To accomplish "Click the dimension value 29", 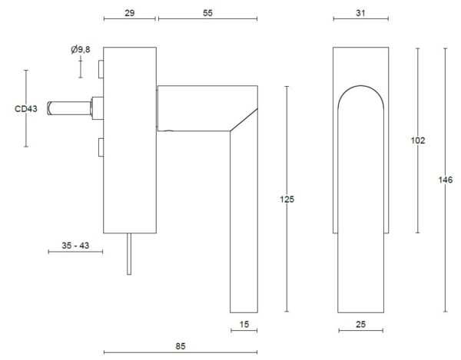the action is (130, 13).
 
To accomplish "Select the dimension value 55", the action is (207, 13).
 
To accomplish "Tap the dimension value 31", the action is (360, 13).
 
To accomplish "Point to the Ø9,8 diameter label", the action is (81, 50).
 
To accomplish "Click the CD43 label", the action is (26, 109).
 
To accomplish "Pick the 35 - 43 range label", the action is (75, 246).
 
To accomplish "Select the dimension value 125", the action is (287, 200).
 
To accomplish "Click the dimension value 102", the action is (418, 140).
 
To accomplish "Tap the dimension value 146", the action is (446, 180).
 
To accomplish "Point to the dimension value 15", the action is (244, 325).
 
